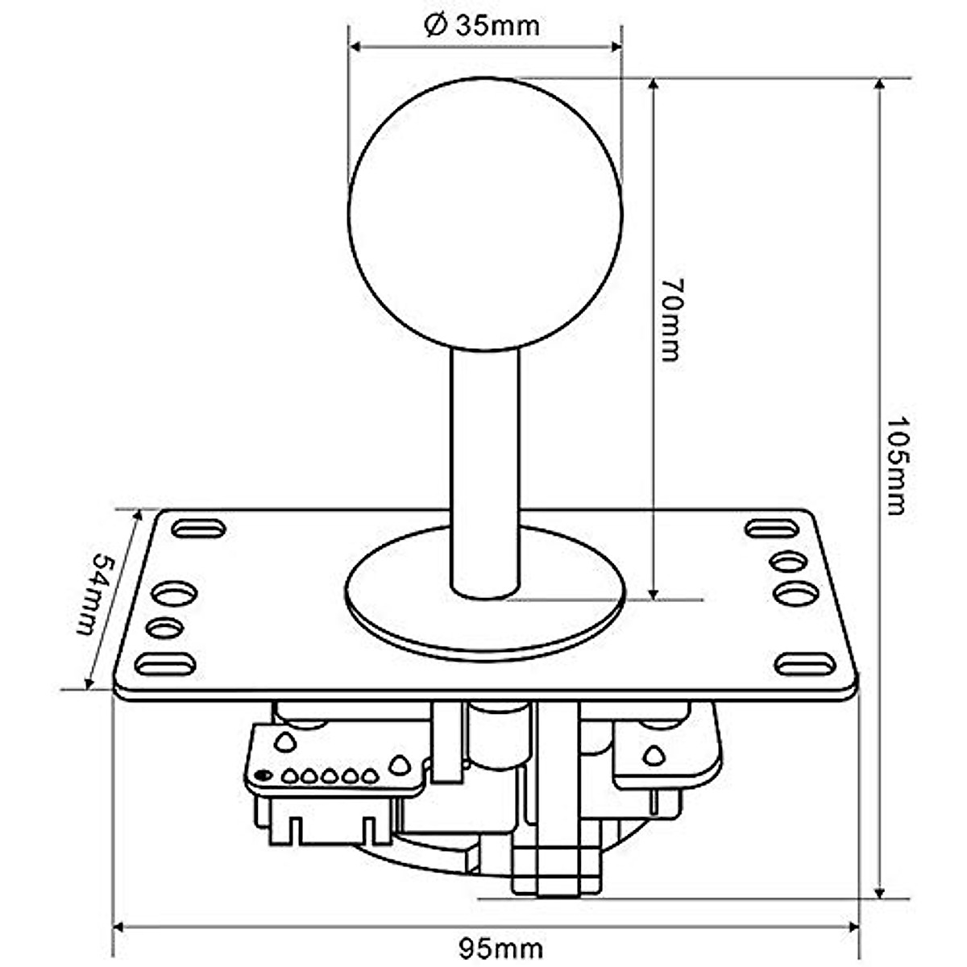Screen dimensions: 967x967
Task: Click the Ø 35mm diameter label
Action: pyautogui.click(x=482, y=26)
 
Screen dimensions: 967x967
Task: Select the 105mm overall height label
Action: pyautogui.click(x=896, y=465)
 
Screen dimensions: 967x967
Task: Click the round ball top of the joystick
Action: pyautogui.click(x=485, y=214)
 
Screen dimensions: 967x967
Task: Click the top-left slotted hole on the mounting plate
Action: pyautogui.click(x=198, y=529)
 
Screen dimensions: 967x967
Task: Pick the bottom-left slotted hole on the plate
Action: pyautogui.click(x=165, y=665)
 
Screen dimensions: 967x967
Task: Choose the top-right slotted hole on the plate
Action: pyautogui.click(x=770, y=529)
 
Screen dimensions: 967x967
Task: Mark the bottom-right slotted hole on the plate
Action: pyautogui.click(x=805, y=665)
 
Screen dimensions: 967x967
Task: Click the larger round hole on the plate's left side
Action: pyautogui.click(x=175, y=595)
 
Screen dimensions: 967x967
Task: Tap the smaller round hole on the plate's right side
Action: pyautogui.click(x=787, y=560)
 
